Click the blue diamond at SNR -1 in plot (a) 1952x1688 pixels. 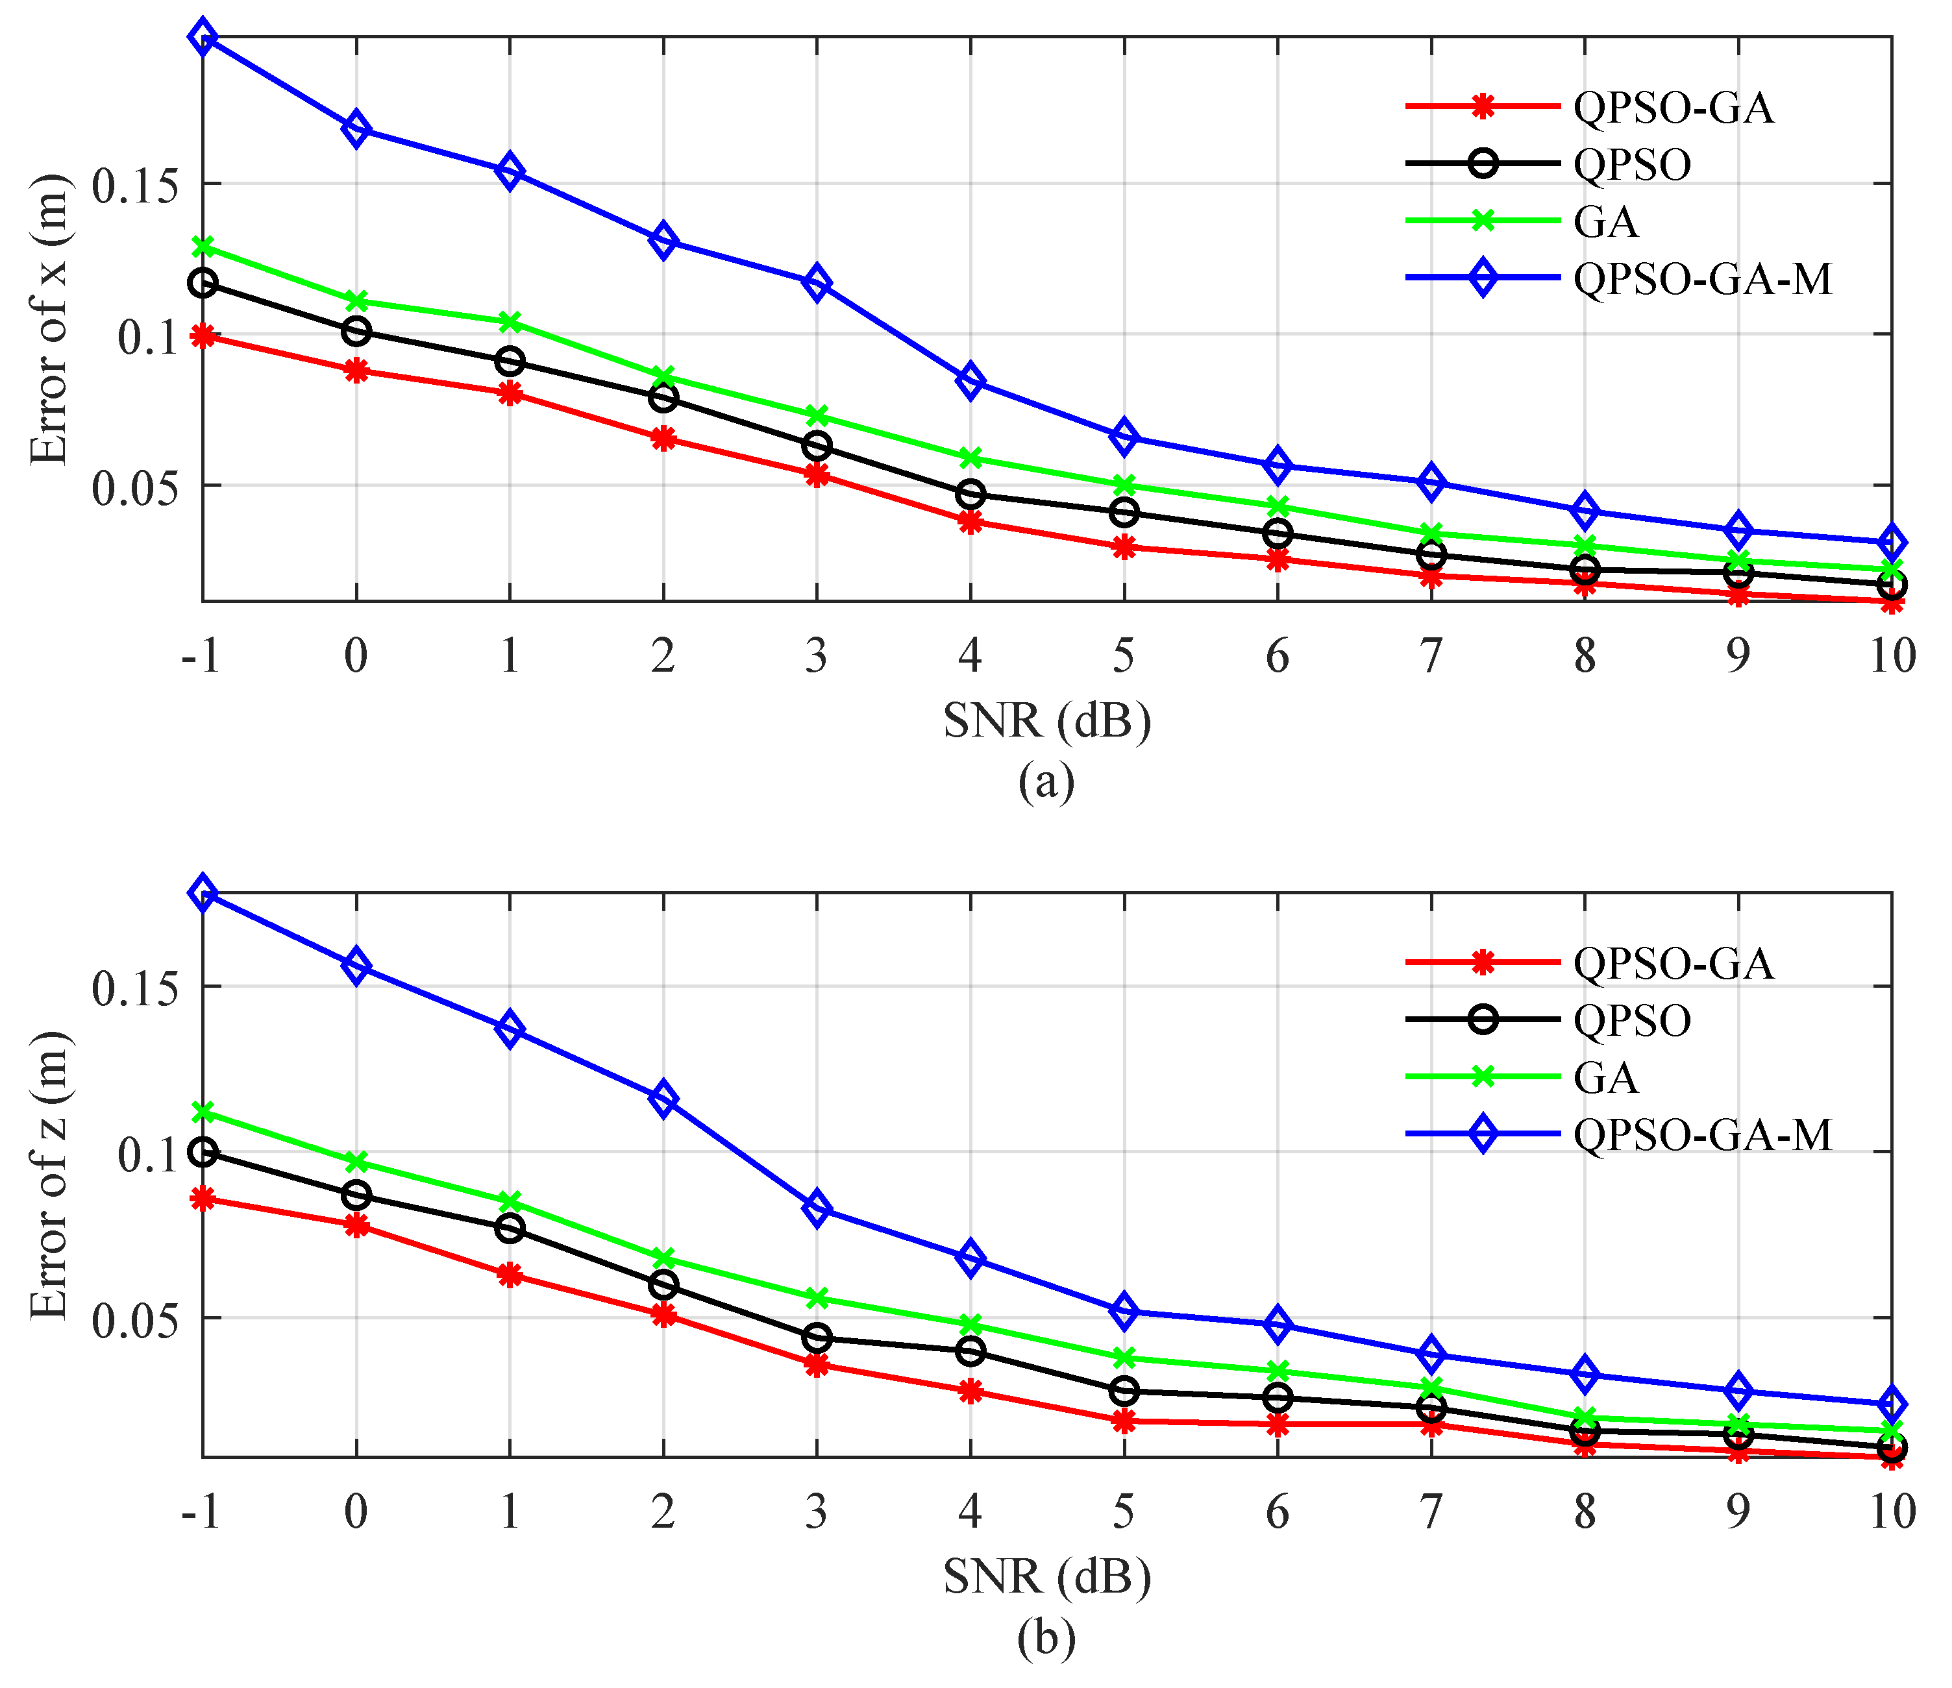pyautogui.click(x=203, y=38)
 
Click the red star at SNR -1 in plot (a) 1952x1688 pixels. pyautogui.click(x=203, y=336)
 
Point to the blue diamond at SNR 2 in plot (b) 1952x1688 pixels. pyautogui.click(x=663, y=1098)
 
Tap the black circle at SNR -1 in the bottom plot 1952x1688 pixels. pyautogui.click(x=203, y=1151)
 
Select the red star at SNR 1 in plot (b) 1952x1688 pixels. pyautogui.click(x=510, y=1275)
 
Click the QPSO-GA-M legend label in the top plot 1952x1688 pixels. pyautogui.click(x=1702, y=279)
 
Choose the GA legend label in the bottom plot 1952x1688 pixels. pyautogui.click(x=1605, y=1077)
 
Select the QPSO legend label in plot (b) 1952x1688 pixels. pyautogui.click(x=1632, y=1021)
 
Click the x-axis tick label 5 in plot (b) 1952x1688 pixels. pyautogui.click(x=1123, y=1512)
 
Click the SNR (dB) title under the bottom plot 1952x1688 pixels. pyautogui.click(x=1046, y=1577)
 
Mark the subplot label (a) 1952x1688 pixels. pyautogui.click(x=1046, y=782)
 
